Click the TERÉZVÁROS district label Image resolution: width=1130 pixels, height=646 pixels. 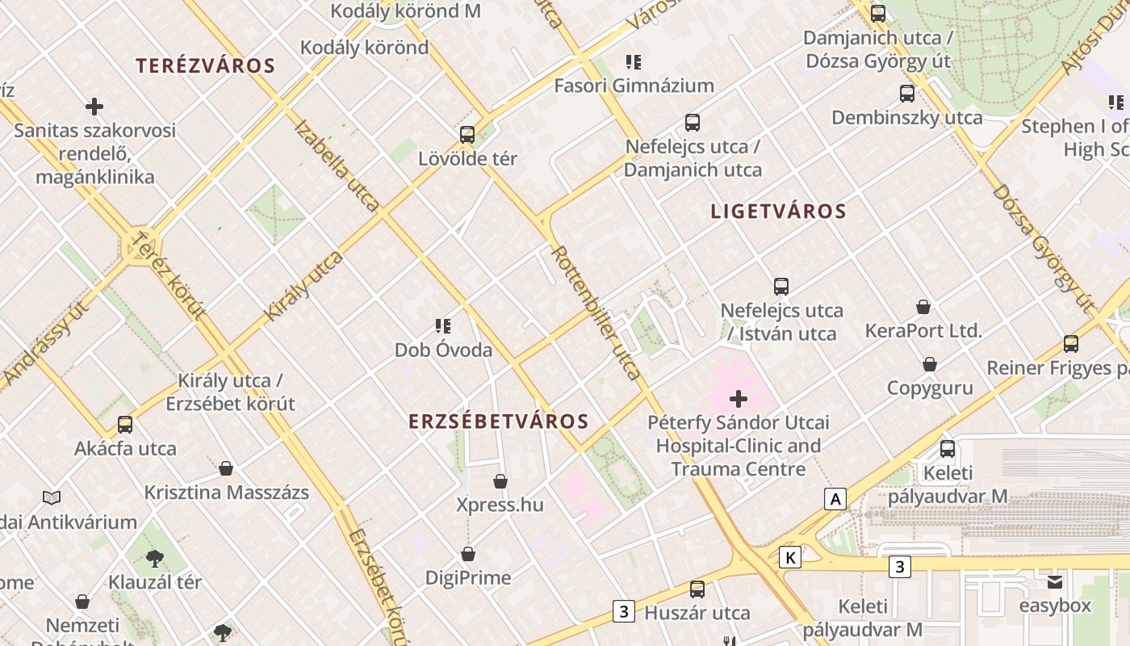(x=206, y=66)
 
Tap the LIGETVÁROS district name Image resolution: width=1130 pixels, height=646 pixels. (x=778, y=212)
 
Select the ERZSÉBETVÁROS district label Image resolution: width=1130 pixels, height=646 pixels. (x=499, y=422)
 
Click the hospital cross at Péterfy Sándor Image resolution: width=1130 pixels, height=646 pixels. (x=738, y=398)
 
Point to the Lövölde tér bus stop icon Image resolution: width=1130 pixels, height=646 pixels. (x=467, y=135)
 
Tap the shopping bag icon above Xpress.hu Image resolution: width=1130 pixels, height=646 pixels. (x=500, y=481)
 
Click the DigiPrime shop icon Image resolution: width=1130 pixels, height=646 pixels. (x=468, y=554)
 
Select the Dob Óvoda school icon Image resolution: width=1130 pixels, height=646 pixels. (x=443, y=326)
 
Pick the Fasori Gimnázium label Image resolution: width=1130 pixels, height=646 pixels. (x=634, y=86)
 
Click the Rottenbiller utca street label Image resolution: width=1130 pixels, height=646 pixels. (x=596, y=312)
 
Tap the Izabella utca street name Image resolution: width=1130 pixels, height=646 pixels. (x=337, y=166)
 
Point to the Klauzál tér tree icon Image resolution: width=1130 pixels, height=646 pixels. (x=155, y=558)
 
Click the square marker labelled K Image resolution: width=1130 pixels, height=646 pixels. (x=791, y=557)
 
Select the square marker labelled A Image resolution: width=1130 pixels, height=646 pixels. (x=835, y=500)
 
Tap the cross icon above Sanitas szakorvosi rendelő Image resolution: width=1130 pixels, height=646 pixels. (x=94, y=106)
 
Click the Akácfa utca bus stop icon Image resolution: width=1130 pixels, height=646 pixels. (x=125, y=425)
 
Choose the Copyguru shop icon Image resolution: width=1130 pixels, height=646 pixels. (x=930, y=364)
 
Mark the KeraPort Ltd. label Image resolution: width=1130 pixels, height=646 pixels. (x=923, y=331)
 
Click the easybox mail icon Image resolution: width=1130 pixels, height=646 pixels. (x=1055, y=582)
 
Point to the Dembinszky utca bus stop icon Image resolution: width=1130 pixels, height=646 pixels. (x=907, y=94)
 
